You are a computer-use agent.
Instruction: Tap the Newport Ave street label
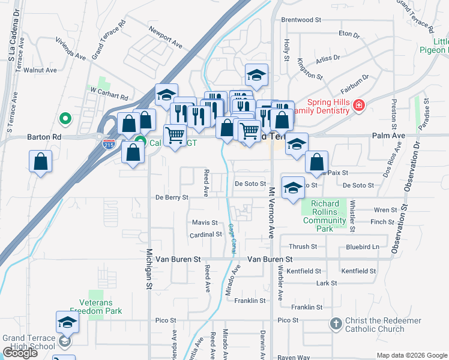point(166,36)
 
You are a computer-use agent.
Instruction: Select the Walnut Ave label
point(41,70)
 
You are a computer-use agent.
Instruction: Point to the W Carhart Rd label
point(109,93)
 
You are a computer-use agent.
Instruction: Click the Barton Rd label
point(44,137)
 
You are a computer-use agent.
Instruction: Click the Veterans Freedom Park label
point(96,307)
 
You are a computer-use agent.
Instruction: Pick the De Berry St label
point(172,197)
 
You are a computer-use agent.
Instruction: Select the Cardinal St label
point(206,235)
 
